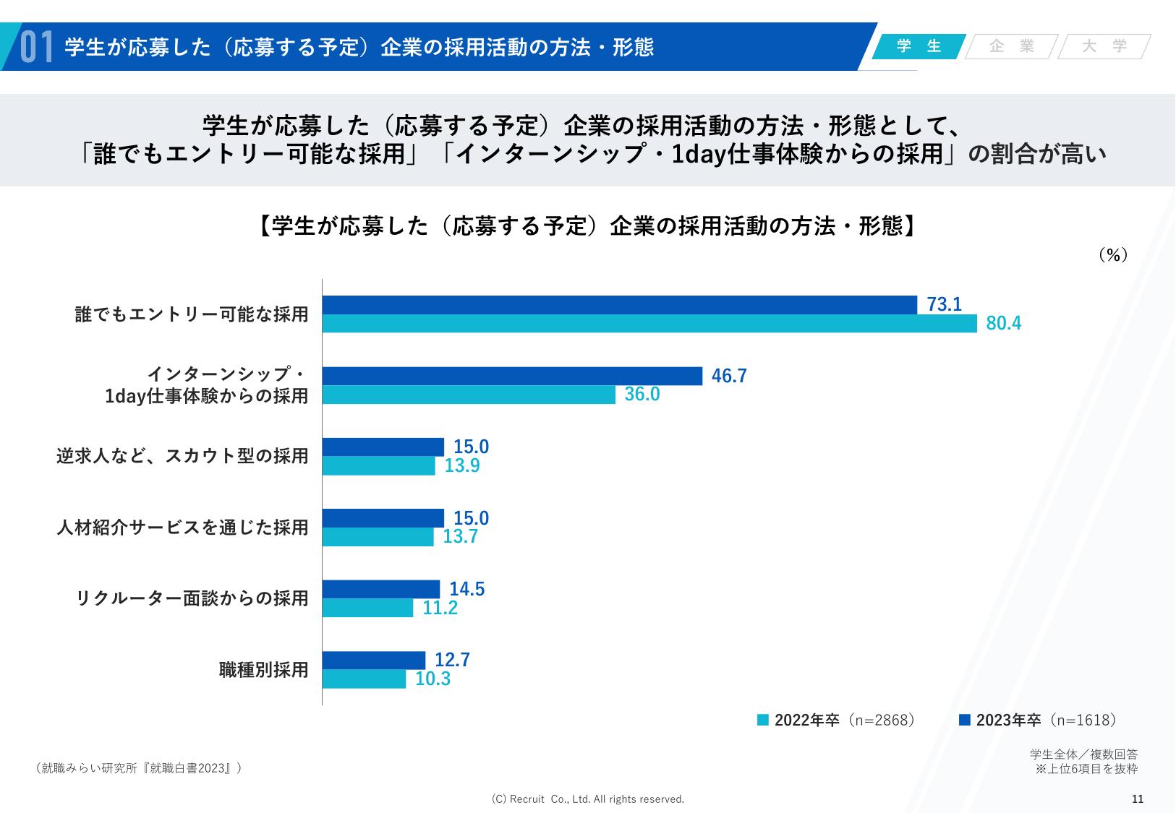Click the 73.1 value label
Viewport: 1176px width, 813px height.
(944, 305)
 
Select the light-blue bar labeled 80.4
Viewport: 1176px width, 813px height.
(649, 323)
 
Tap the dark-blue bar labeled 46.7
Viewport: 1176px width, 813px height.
(512, 376)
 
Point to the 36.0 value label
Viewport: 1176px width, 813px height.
(642, 395)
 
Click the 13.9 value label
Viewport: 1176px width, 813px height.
(462, 465)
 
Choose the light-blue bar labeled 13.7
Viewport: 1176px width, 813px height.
(378, 537)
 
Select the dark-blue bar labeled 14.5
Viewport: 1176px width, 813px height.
(380, 590)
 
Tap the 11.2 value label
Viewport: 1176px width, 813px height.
(440, 608)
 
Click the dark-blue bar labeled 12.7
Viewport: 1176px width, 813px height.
(373, 661)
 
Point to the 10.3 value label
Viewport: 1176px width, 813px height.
(433, 679)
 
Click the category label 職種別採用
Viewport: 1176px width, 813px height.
(264, 670)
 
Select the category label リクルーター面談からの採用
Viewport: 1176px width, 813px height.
(192, 598)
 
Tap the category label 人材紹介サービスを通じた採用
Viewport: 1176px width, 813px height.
(183, 528)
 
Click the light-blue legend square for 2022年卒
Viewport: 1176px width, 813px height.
(763, 720)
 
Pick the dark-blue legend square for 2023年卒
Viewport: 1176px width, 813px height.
(964, 720)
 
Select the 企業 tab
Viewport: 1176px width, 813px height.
(1012, 46)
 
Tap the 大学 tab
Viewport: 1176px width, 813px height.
(1104, 46)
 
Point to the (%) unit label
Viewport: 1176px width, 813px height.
(1113, 255)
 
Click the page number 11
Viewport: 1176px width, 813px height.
(1137, 799)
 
